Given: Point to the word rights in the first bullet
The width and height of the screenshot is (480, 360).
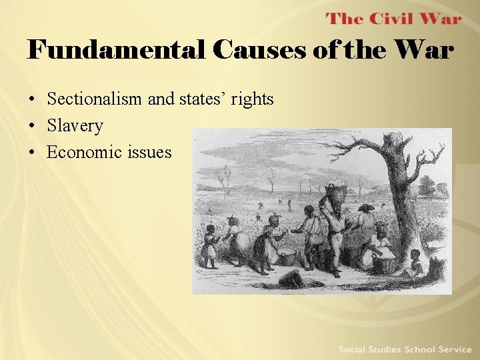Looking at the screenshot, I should (252, 99).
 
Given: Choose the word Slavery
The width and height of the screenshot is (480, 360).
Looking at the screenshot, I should (75, 125).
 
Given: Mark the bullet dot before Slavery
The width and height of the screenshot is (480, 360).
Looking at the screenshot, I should (32, 126).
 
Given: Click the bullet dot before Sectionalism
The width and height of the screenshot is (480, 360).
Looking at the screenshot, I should (32, 100).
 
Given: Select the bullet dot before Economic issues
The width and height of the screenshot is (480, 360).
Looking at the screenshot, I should (32, 153).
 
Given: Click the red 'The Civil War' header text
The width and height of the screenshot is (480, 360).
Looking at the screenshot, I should (393, 18).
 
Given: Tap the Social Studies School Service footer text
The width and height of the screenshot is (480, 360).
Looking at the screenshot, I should (405, 349).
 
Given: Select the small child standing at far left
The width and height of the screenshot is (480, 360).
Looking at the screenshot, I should (211, 247).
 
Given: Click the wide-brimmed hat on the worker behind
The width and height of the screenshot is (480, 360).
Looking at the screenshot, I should (366, 208).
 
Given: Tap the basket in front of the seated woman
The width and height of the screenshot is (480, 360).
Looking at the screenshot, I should (385, 263).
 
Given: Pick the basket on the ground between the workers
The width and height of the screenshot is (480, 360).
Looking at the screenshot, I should (288, 257).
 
